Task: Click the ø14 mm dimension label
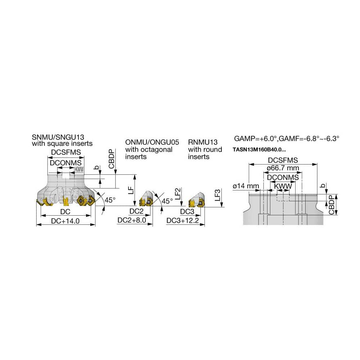click(246, 186)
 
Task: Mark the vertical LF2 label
click(177, 194)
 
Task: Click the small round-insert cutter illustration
click(197, 201)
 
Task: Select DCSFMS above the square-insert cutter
click(66, 152)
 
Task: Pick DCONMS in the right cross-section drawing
click(283, 177)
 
